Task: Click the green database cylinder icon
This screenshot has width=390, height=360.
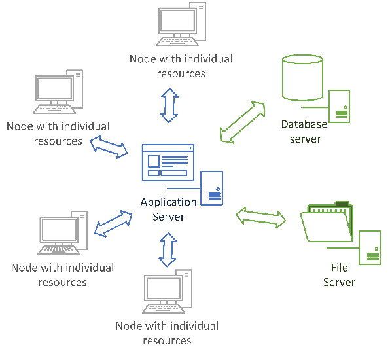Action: click(302, 78)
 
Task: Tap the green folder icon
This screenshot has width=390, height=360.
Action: click(327, 221)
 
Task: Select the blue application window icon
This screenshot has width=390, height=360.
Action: click(168, 162)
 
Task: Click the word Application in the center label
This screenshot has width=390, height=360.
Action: click(169, 202)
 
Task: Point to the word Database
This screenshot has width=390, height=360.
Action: click(304, 124)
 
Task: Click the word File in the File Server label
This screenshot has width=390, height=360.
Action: click(339, 268)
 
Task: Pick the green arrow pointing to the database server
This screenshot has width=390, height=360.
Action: click(243, 122)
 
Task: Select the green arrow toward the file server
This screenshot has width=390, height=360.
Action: click(260, 217)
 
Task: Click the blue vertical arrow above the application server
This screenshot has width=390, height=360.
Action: click(169, 105)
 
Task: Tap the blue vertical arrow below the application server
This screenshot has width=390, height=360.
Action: click(168, 250)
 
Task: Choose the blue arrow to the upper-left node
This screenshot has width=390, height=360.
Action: click(109, 147)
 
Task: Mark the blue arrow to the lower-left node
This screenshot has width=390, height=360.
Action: click(113, 223)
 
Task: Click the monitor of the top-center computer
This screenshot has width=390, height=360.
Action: click(177, 21)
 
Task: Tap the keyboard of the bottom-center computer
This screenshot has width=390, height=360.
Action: click(164, 308)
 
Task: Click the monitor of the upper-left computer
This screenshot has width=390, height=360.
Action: click(55, 88)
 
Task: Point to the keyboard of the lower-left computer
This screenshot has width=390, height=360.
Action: click(59, 249)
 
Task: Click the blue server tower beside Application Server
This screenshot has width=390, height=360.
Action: click(211, 188)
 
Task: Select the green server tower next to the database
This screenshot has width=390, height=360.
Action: click(339, 107)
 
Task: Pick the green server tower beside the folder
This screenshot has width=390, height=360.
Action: click(370, 248)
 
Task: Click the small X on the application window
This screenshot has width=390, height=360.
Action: click(190, 148)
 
